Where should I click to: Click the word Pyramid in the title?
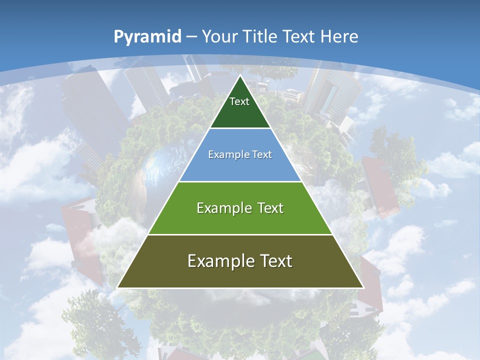pos(147,37)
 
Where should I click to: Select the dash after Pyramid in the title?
pos(192,37)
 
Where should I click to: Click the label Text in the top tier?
pos(239,101)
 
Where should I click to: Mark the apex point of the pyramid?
pos(240,76)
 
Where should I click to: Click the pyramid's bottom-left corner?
pos(118,287)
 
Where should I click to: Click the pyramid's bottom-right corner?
pos(362,287)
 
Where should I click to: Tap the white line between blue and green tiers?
pos(240,181)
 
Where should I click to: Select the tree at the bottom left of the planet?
pos(95,320)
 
